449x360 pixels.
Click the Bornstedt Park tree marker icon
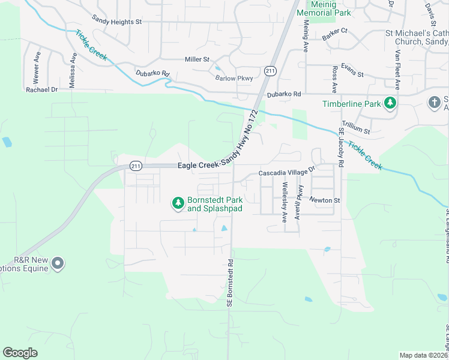178,204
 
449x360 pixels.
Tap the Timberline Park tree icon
390,103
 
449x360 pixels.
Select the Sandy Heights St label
116,22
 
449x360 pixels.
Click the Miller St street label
197,59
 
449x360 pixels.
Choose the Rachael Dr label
41,89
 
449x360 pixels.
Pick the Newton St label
325,200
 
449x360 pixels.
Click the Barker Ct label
334,31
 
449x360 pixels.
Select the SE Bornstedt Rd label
229,284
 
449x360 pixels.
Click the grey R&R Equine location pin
58,263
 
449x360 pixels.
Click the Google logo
20,352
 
